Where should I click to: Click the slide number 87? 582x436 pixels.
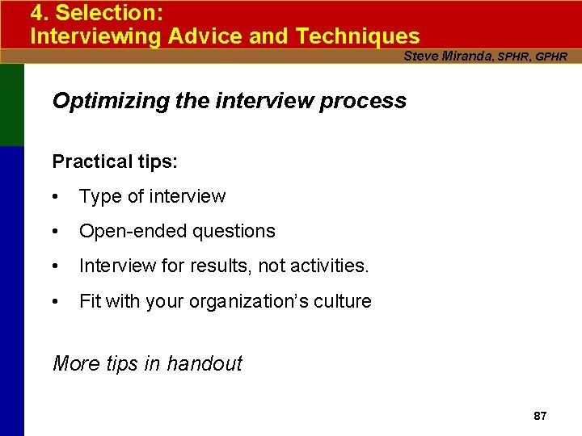pos(540,416)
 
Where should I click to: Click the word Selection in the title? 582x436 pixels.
pos(105,14)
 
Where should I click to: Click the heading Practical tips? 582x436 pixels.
pos(115,161)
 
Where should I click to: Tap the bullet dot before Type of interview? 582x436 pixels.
pos(55,197)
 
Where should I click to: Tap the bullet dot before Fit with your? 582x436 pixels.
pos(55,302)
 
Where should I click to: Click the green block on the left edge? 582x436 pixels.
pos(11,105)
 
